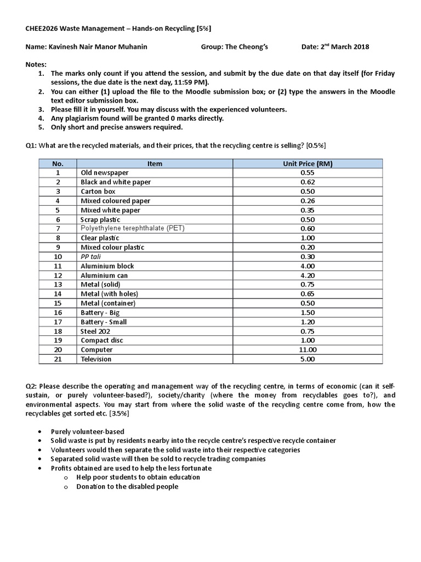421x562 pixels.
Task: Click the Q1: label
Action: (x=32, y=145)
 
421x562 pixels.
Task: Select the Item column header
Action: (x=155, y=164)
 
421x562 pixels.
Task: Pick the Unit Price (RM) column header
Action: (x=308, y=164)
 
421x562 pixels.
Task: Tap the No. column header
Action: (x=58, y=164)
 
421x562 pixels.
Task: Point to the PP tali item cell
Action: (x=92, y=256)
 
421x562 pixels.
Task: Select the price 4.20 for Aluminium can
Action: (x=308, y=276)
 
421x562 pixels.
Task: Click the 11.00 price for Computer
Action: (x=308, y=350)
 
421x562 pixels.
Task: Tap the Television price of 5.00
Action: (x=308, y=359)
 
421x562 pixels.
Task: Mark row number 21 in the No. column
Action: (x=58, y=359)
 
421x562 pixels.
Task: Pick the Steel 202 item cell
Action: (x=96, y=331)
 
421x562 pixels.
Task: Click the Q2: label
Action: (x=32, y=386)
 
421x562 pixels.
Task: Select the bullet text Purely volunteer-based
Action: (x=87, y=431)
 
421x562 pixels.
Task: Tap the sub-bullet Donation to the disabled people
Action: (x=127, y=487)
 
